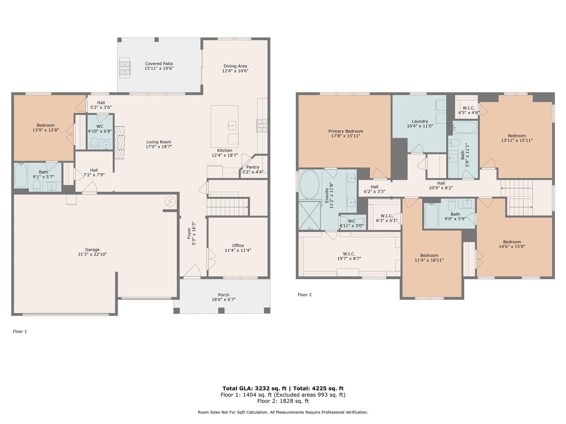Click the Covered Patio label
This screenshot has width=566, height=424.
159,64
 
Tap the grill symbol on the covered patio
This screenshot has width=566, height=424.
125,67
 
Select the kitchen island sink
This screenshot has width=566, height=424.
232,125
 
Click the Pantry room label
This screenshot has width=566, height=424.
253,167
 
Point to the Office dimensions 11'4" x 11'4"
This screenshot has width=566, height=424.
238,250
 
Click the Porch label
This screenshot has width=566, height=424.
224,295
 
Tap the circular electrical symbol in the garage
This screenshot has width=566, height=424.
170,202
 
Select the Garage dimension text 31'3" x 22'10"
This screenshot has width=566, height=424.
92,254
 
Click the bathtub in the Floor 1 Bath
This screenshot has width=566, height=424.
21,176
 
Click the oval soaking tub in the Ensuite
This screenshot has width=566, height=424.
309,184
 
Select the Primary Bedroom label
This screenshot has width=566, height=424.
345,131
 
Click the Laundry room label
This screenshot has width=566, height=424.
420,121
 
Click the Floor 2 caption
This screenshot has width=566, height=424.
305,295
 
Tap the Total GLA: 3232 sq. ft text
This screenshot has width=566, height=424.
255,388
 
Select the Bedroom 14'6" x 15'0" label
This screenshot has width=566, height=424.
512,244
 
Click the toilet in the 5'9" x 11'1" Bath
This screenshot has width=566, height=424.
454,143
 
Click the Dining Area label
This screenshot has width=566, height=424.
235,66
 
